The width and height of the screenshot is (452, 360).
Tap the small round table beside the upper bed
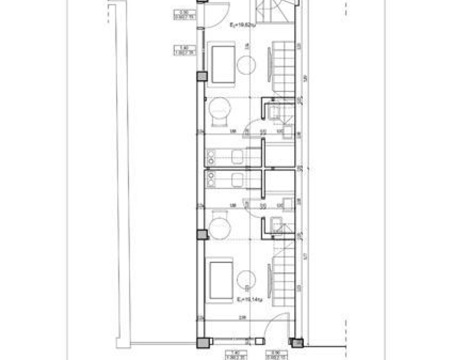tap(246, 65)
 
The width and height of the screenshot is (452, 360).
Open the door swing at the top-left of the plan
tap(217, 14)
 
